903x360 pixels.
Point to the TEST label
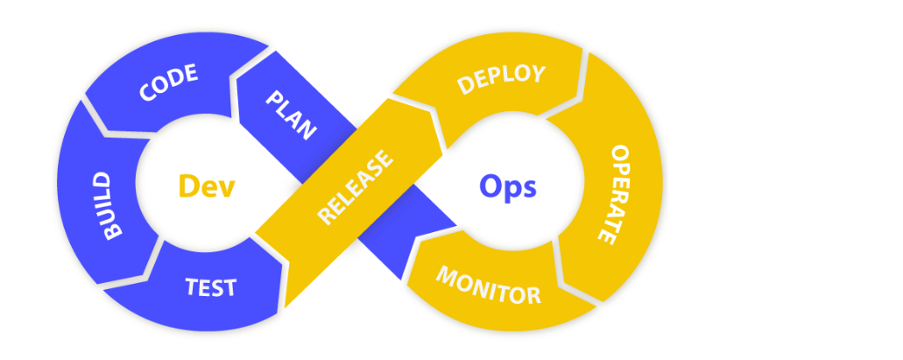[x=210, y=286]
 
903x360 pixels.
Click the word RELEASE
[x=355, y=189]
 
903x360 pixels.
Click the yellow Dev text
[x=207, y=186]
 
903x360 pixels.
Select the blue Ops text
[x=508, y=186]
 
